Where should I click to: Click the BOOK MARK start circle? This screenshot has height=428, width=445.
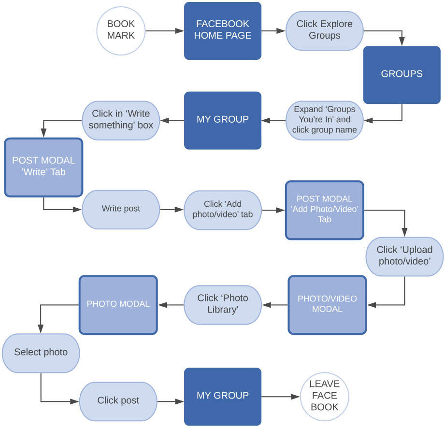[121, 30]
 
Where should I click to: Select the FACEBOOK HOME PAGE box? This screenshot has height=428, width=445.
[222, 30]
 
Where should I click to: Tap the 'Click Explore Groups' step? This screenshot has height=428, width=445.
[324, 30]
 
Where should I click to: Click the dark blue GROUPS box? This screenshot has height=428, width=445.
[402, 74]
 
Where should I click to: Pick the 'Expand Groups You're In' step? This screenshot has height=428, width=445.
[324, 120]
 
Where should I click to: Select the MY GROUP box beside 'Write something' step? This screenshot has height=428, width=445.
[222, 120]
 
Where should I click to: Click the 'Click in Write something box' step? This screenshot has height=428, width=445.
[121, 120]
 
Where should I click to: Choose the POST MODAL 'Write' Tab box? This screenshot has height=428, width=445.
[43, 167]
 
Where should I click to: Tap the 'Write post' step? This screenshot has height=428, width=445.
[121, 209]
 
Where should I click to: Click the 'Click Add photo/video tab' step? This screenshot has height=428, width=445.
[222, 209]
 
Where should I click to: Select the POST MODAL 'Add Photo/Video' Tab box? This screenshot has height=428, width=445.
[324, 210]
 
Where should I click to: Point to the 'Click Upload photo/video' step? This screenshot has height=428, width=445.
[404, 256]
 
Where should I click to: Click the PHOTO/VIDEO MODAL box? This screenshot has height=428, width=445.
[327, 304]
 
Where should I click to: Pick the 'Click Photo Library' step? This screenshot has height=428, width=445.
[222, 304]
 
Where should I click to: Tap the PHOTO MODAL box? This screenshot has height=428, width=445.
[118, 304]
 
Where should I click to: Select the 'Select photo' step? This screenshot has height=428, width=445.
[41, 353]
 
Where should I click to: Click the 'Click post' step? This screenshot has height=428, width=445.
[118, 401]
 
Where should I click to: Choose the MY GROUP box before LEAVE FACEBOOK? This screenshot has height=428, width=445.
[222, 396]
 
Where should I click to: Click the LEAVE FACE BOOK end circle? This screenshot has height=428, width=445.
[324, 396]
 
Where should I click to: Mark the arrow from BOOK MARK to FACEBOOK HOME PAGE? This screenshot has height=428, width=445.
[164, 31]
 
